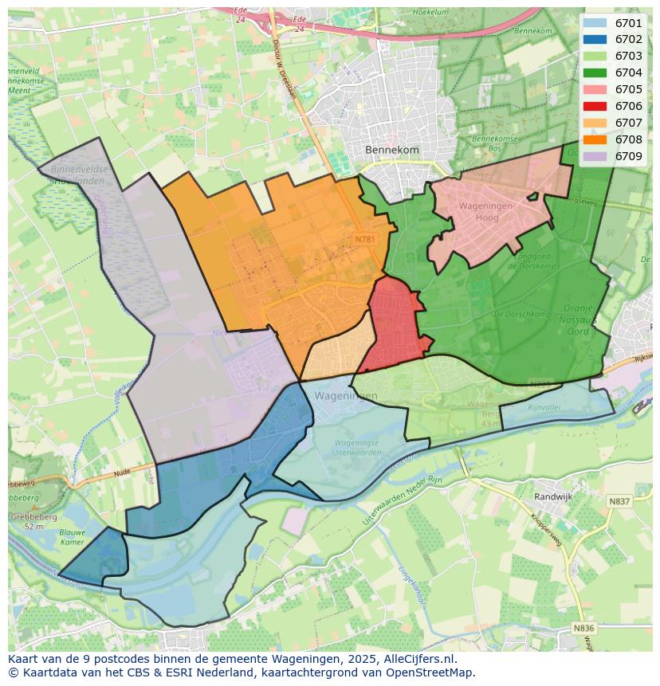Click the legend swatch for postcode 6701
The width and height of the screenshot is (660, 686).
594,23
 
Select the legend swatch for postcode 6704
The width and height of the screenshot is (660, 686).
594,73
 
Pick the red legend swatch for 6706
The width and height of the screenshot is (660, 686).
594,106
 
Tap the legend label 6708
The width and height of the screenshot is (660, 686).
628,139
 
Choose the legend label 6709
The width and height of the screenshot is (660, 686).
628,156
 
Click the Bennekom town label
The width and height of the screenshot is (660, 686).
391,150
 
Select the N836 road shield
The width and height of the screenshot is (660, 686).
583,628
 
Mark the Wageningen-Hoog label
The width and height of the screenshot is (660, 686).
489,211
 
